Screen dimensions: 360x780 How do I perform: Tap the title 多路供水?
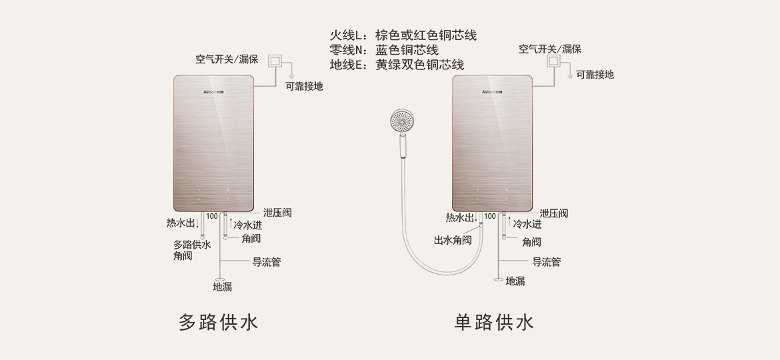pyautogui.click(x=218, y=323)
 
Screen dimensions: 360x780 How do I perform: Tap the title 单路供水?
pyautogui.click(x=494, y=323)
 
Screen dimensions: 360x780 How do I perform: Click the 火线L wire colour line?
pyautogui.click(x=403, y=35)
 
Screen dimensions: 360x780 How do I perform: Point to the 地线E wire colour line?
pyautogui.click(x=397, y=65)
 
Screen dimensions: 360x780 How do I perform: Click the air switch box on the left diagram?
pyautogui.click(x=275, y=61)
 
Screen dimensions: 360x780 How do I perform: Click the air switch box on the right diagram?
pyautogui.click(x=553, y=61)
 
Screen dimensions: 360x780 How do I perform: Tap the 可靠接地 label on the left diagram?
pyautogui.click(x=304, y=86)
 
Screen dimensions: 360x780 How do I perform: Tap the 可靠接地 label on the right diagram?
pyautogui.click(x=595, y=75)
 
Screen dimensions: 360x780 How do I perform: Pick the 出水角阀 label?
pyautogui.click(x=453, y=240)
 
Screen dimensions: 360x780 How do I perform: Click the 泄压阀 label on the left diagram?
pyautogui.click(x=277, y=213)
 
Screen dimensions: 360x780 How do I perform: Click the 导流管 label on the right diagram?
pyautogui.click(x=546, y=262)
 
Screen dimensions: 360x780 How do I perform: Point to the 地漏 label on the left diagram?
pyautogui.click(x=223, y=287)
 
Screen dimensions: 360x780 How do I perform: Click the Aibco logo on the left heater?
pyautogui.click(x=213, y=91)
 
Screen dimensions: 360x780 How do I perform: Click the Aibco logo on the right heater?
pyautogui.click(x=492, y=91)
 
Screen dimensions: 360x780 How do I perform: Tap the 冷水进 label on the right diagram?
pyautogui.click(x=527, y=225)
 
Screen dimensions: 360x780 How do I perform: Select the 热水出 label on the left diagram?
pyautogui.click(x=181, y=223)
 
